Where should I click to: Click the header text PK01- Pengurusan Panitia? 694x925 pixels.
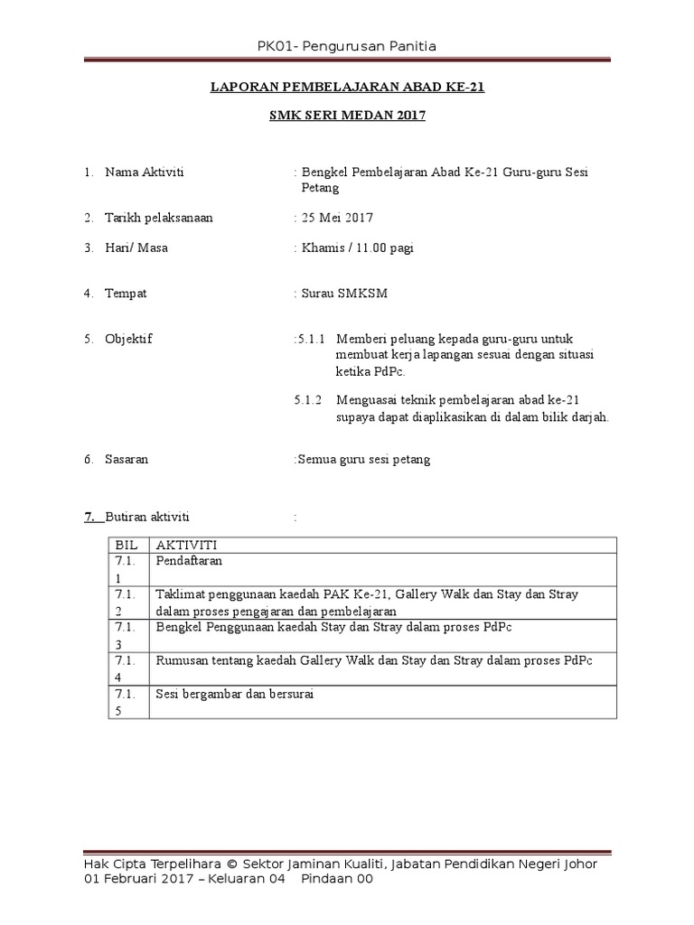[x=347, y=46]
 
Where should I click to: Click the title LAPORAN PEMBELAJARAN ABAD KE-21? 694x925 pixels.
[x=347, y=88]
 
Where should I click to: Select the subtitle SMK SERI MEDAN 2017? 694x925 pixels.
[x=347, y=116]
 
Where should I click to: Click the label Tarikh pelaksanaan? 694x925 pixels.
[x=159, y=218]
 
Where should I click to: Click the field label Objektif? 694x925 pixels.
[x=128, y=339]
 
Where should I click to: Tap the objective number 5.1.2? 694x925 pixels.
[x=309, y=400]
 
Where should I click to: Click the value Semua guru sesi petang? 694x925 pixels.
[x=364, y=459]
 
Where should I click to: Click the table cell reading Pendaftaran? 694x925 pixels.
[x=189, y=561]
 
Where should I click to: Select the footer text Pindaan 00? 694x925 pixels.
[x=336, y=879]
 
